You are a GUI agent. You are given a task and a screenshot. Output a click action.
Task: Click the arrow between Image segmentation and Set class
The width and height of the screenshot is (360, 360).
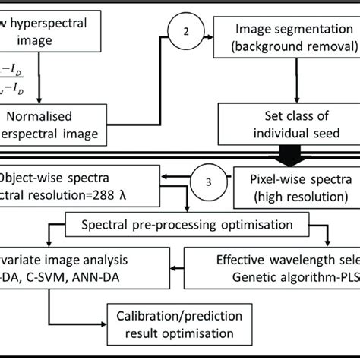pos(288,84)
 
